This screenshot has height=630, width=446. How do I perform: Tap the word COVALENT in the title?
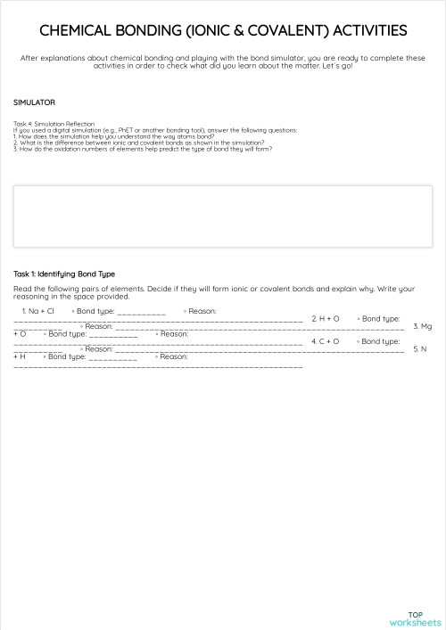(x=285, y=30)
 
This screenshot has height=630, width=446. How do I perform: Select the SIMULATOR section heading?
(x=35, y=102)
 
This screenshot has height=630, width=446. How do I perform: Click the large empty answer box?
(x=223, y=216)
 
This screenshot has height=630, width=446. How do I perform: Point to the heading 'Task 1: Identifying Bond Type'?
(x=64, y=274)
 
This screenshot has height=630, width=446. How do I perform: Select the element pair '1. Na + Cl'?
(x=41, y=311)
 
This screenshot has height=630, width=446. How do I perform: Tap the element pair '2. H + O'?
(x=325, y=318)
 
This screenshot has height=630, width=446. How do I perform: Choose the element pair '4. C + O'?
(x=325, y=341)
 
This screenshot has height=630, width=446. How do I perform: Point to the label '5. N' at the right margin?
(x=424, y=348)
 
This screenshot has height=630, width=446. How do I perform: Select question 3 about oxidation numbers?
(x=143, y=149)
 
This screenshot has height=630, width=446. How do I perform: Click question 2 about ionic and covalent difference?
(x=138, y=142)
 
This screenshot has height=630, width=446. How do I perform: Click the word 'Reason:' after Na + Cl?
(x=202, y=311)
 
